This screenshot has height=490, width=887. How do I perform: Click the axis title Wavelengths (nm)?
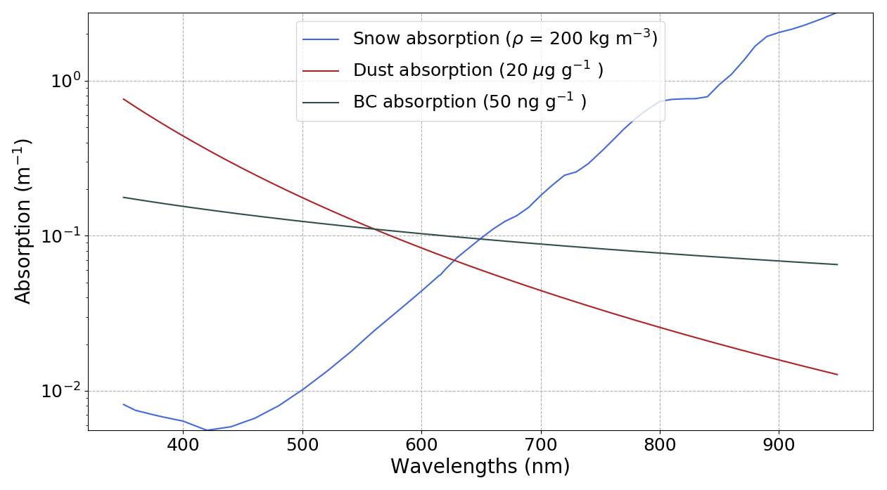pyautogui.click(x=480, y=467)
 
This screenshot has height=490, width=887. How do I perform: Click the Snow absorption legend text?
pyautogui.click(x=505, y=39)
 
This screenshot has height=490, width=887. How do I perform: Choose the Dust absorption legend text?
pyautogui.click(x=478, y=70)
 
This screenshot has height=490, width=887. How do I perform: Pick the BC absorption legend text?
pyautogui.click(x=469, y=102)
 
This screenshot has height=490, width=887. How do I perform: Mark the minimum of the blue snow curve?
pyautogui.click(x=207, y=430)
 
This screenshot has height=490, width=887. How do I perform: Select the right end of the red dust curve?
pyautogui.click(x=837, y=375)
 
